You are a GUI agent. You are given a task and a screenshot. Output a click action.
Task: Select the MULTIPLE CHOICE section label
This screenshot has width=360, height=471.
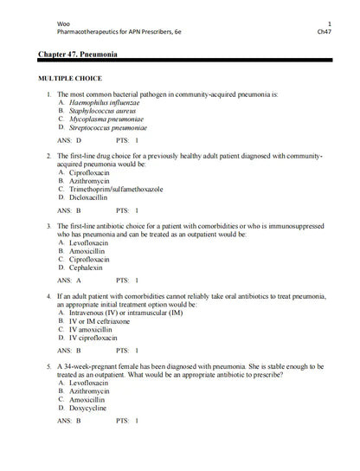click(x=76, y=78)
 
